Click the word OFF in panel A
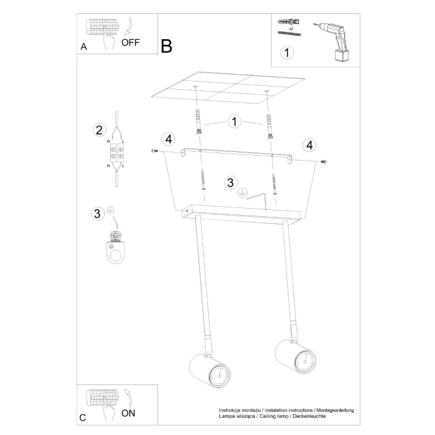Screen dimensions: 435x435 point(130,43)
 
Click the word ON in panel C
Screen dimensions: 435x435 point(128,414)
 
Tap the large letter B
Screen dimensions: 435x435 point(166,46)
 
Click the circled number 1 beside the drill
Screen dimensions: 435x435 point(287,52)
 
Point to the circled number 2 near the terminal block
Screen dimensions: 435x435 point(98,130)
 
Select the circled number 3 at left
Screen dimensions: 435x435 point(97,213)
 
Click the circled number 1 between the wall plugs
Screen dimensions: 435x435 point(234,120)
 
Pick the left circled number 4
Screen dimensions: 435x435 point(167,139)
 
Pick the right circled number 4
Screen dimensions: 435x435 point(309,145)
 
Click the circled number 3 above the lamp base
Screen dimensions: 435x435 point(231,183)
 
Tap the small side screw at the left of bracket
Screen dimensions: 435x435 point(154,150)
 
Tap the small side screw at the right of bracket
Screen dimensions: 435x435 point(324,162)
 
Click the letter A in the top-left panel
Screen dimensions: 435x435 point(83,47)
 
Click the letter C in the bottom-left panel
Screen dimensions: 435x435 point(83,418)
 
